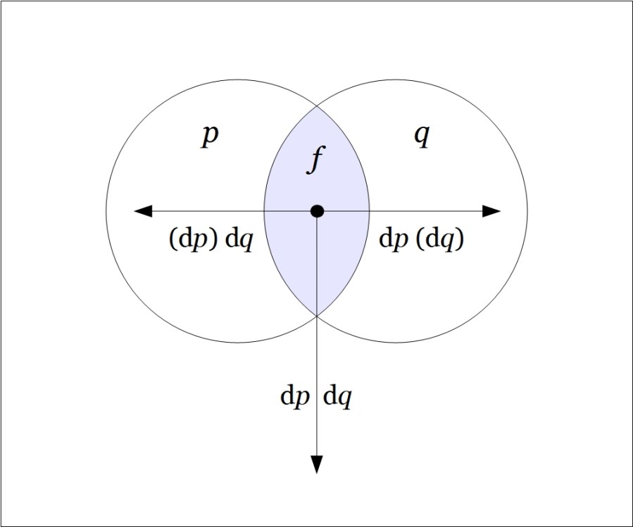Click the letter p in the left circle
tap(209, 135)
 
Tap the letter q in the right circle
tap(421, 135)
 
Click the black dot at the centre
tap(317, 210)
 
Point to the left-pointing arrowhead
tap(143, 210)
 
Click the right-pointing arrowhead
tap(491, 210)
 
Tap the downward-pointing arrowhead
tap(317, 464)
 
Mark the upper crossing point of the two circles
tap(317, 106)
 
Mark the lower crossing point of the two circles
tap(317, 315)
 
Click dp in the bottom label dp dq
tap(295, 398)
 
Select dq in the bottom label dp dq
tap(337, 398)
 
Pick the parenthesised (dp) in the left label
tap(194, 240)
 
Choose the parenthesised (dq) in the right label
tap(439, 240)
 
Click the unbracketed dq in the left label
tap(239, 240)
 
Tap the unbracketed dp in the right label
tap(394, 240)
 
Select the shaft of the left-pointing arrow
tap(211, 210)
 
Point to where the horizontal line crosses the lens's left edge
tap(264, 210)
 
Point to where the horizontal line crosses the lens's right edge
tap(370, 210)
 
